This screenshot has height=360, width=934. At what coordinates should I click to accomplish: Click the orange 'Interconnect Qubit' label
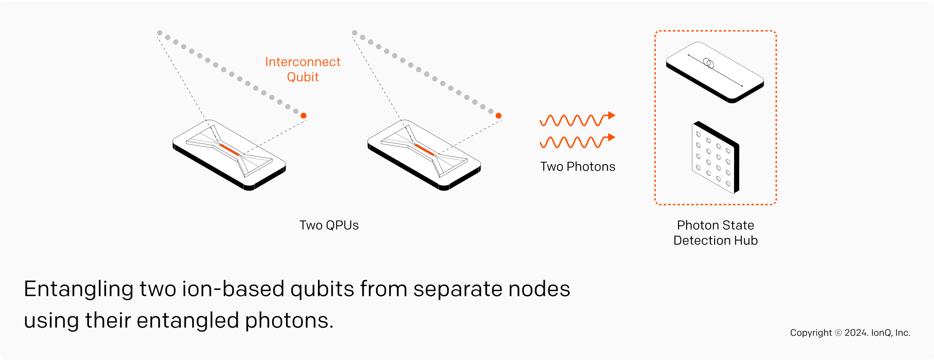pyautogui.click(x=303, y=69)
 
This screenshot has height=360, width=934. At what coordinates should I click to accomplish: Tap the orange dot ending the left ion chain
pyautogui.click(x=304, y=116)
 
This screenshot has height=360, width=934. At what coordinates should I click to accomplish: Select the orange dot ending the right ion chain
pyautogui.click(x=499, y=116)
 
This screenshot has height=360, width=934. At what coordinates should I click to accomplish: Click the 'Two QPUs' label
pyautogui.click(x=329, y=225)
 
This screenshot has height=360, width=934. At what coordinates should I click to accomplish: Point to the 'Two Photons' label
pyautogui.click(x=578, y=167)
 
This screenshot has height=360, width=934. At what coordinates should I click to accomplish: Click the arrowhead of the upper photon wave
pyautogui.click(x=611, y=115)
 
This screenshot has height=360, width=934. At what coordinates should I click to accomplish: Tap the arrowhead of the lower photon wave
pyautogui.click(x=611, y=137)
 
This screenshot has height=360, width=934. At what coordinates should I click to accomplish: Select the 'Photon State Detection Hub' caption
pyautogui.click(x=715, y=233)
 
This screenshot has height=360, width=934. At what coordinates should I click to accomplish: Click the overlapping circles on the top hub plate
pyautogui.click(x=709, y=63)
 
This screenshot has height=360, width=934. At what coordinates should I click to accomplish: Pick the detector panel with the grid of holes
pyautogui.click(x=715, y=158)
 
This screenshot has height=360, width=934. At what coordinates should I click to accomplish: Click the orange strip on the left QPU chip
pyautogui.click(x=230, y=150)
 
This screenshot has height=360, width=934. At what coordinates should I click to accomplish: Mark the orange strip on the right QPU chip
pyautogui.click(x=425, y=150)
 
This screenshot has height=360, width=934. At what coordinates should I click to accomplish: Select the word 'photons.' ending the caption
pyautogui.click(x=289, y=321)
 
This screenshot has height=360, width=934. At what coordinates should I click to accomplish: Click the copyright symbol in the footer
pyautogui.click(x=838, y=333)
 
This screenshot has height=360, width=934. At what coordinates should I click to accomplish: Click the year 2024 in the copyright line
pyautogui.click(x=856, y=333)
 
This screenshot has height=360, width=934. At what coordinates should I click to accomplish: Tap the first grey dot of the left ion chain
pyautogui.click(x=160, y=33)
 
